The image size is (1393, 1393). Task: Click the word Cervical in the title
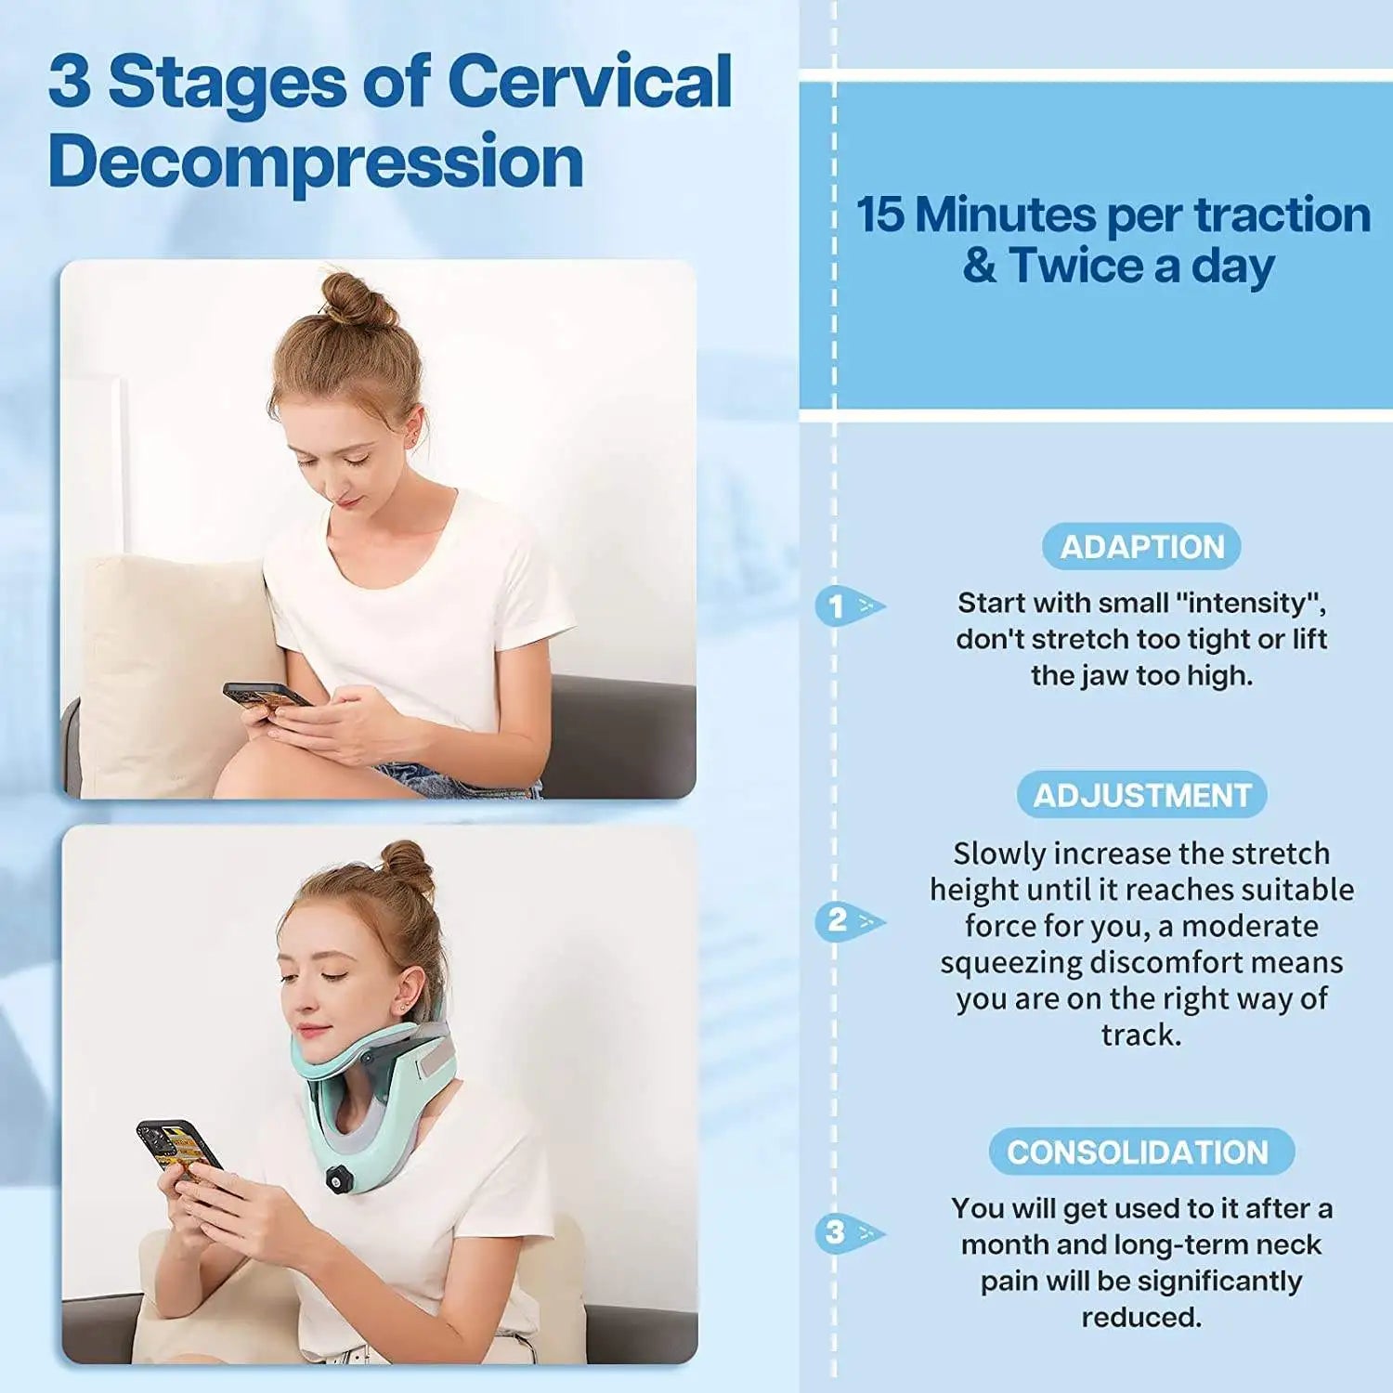[591, 81]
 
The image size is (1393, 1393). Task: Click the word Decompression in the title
[317, 161]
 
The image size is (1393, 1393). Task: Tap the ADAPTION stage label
[1142, 547]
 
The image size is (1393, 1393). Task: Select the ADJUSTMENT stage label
[1142, 795]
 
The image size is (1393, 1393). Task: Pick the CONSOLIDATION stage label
[1141, 1152]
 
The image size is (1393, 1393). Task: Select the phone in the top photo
[266, 696]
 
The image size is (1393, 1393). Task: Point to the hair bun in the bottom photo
[408, 866]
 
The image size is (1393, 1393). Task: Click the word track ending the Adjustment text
[1141, 1035]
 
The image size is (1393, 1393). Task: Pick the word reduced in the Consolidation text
[1141, 1317]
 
